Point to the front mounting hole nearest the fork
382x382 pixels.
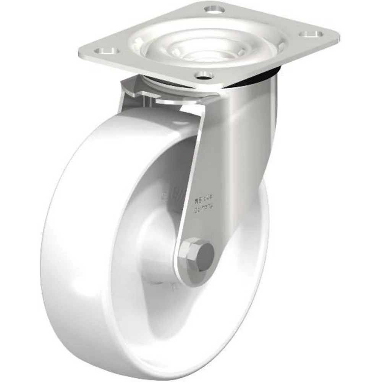pyautogui.click(x=205, y=75)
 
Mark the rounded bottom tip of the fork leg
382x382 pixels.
pyautogui.click(x=191, y=281)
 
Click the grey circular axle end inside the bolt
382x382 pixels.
pyautogui.click(x=207, y=253)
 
